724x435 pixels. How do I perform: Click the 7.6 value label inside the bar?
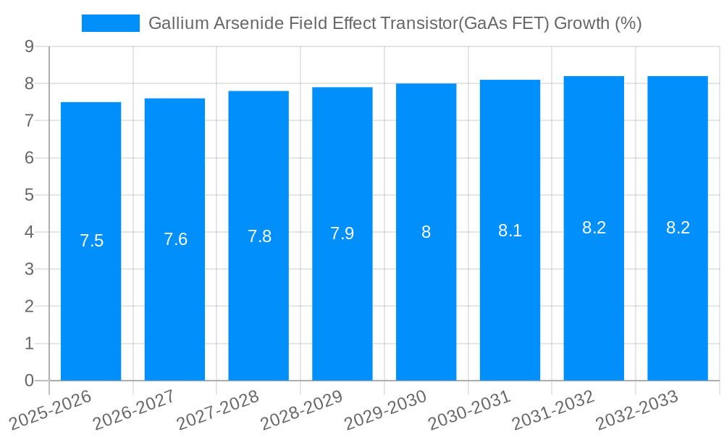pos(175,239)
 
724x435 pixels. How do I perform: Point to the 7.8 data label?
pos(259,236)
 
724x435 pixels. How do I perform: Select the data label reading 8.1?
pos(510,231)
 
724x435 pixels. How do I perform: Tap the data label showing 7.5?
pos(91,241)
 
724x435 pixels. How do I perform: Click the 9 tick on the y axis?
pos(29,46)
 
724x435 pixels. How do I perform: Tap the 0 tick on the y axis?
pos(29,381)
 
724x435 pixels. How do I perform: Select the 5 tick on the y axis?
pos(29,195)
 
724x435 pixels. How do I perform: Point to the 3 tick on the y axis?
pos(29,270)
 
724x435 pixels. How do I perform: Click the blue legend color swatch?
pos(110,23)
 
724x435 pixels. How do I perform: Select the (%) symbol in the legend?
pos(628,23)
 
